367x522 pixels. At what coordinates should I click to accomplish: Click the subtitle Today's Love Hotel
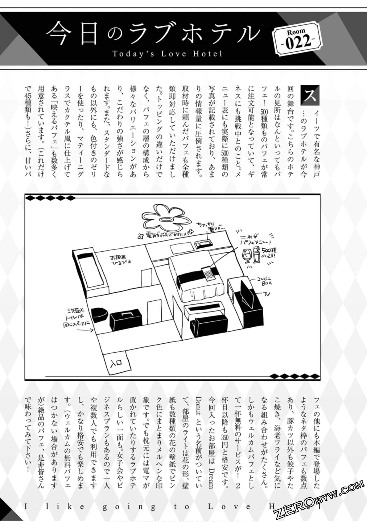[167, 54]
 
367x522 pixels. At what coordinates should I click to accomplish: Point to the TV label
[267, 294]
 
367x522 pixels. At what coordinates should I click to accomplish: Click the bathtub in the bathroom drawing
[90, 271]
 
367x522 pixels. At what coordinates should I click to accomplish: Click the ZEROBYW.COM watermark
[319, 499]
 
